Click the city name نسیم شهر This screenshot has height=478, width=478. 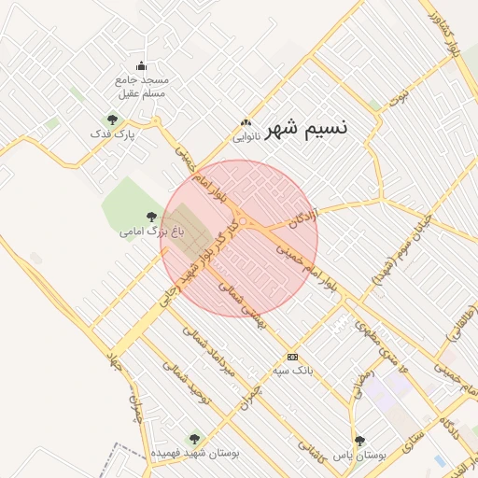tap(305, 128)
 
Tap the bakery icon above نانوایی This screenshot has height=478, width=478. tap(246, 122)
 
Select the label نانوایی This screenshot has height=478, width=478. tap(246, 137)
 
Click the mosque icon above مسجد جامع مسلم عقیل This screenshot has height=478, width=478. tap(141, 65)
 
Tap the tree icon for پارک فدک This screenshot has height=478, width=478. tap(113, 119)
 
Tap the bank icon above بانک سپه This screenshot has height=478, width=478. tap(293, 357)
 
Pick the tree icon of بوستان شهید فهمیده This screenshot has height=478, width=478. tap(194, 438)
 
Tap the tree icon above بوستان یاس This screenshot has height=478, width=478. tap(359, 440)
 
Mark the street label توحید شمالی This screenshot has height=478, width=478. tap(186, 386)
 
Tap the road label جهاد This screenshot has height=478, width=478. tap(113, 360)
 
